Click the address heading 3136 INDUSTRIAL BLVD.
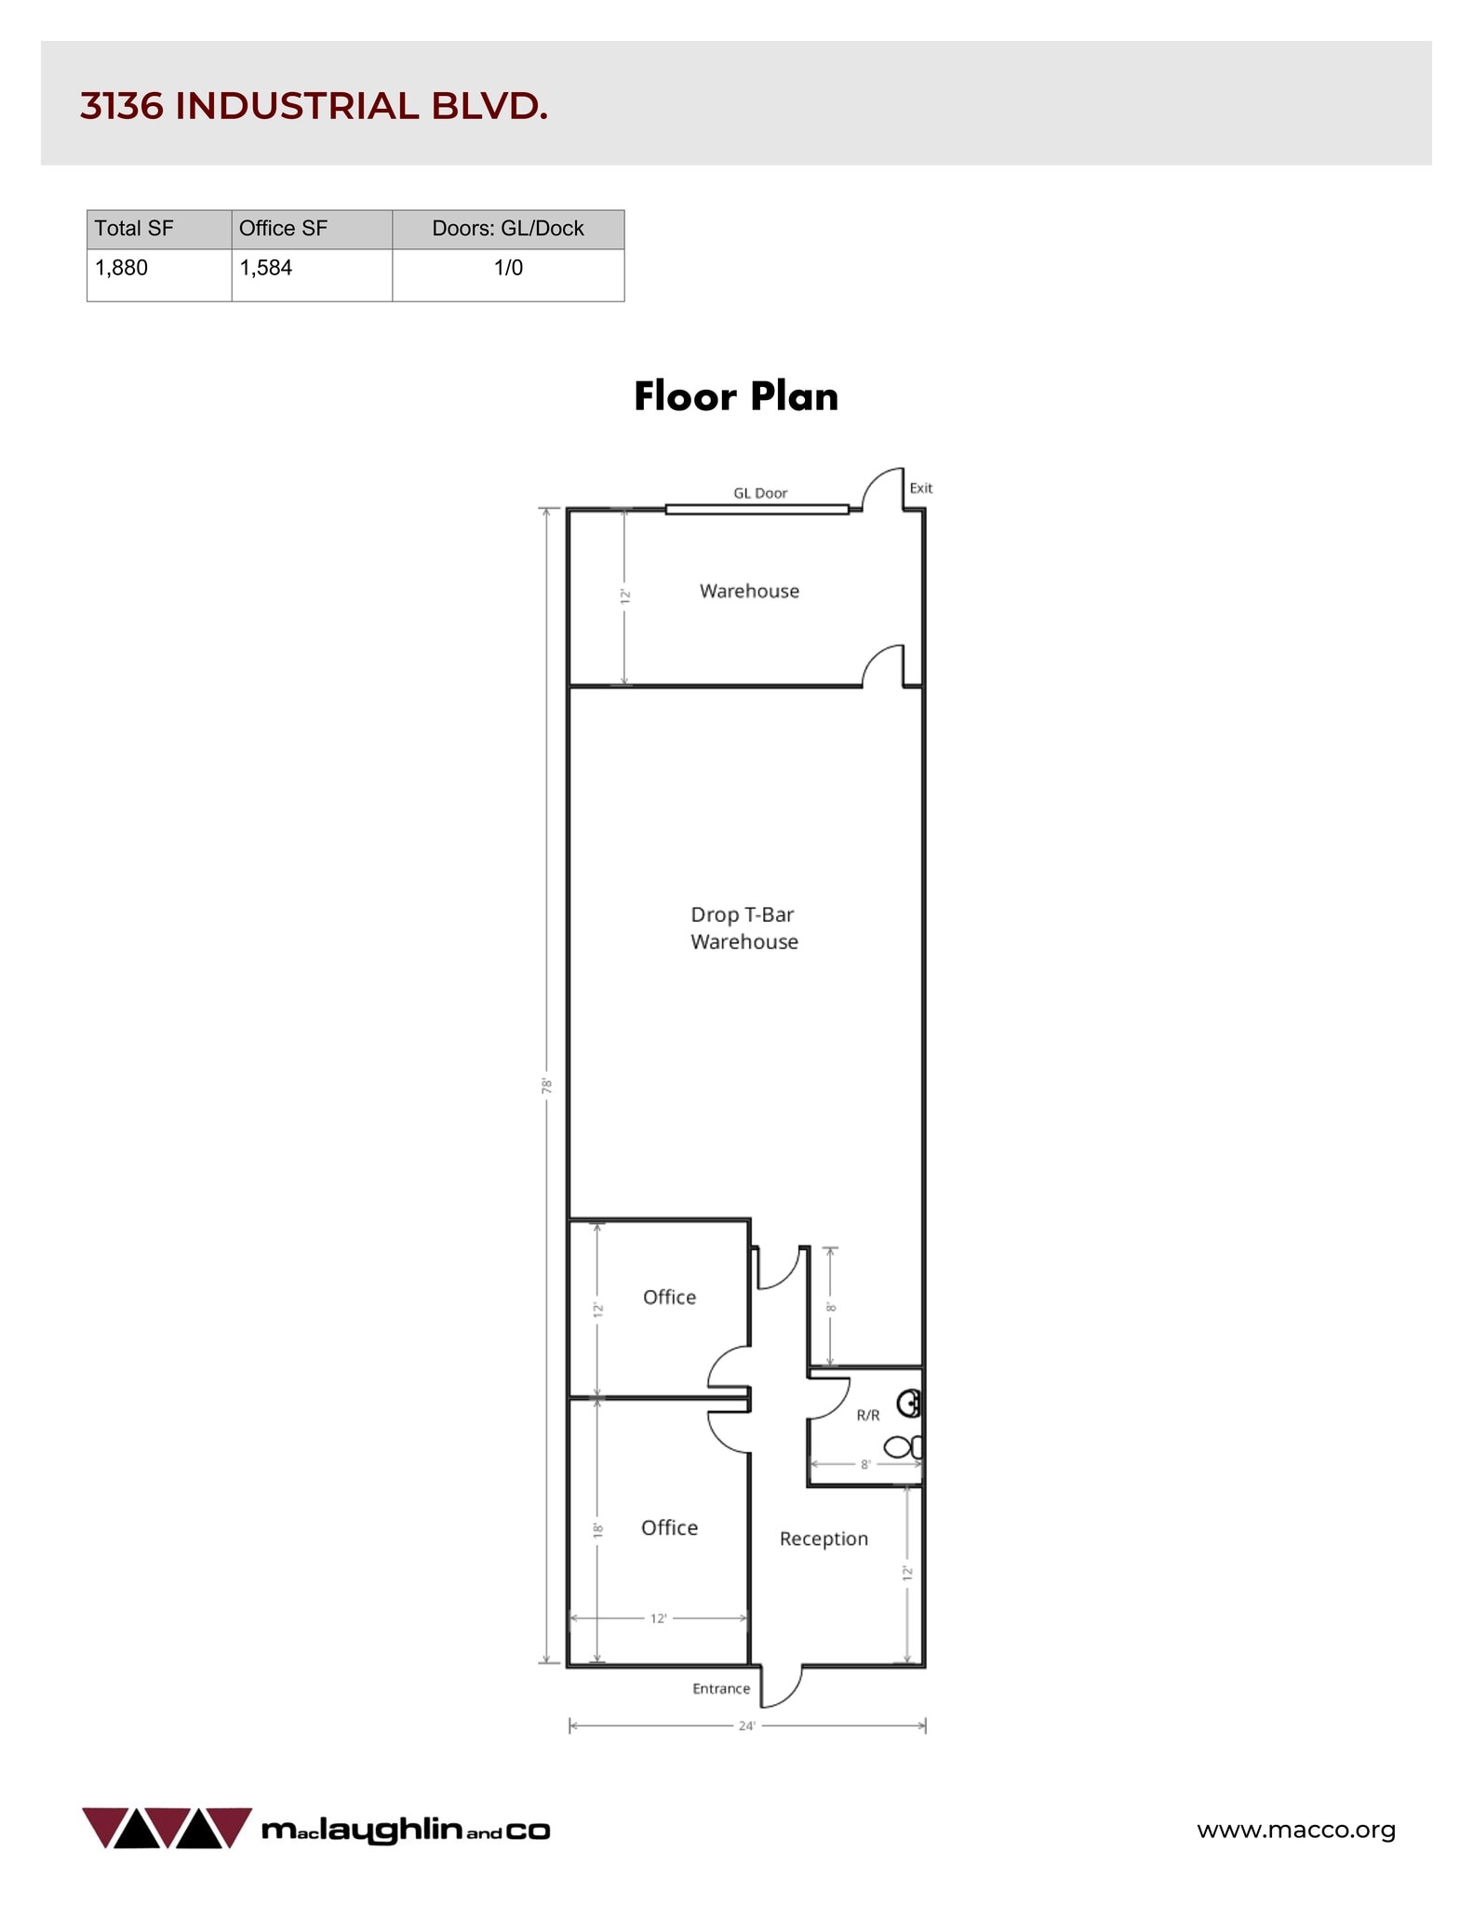[x=314, y=107]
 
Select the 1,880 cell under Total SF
[x=122, y=268]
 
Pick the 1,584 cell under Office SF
[x=266, y=268]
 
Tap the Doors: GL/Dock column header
[x=507, y=229]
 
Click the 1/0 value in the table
[x=508, y=268]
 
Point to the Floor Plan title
[x=736, y=396]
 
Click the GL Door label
[x=760, y=493]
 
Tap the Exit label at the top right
[x=920, y=487]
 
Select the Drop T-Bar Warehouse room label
[x=743, y=928]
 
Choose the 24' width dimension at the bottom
[x=746, y=1725]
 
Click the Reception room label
[x=824, y=1539]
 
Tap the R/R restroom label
[x=867, y=1415]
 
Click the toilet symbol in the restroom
[x=902, y=1446]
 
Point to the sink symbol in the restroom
[x=910, y=1403]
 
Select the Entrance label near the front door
[x=721, y=1688]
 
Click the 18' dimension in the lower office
[x=598, y=1529]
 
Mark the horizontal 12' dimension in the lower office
[x=658, y=1619]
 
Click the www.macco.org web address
[x=1295, y=1830]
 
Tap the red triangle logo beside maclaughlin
[x=167, y=1828]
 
